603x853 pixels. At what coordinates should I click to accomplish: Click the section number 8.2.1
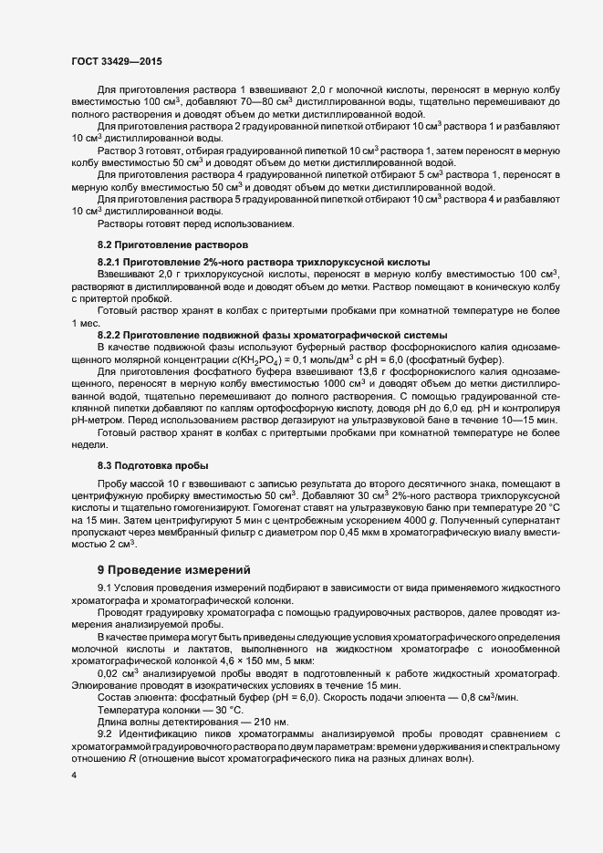[x=110, y=262]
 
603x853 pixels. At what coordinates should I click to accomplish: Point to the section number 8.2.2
[x=110, y=333]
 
